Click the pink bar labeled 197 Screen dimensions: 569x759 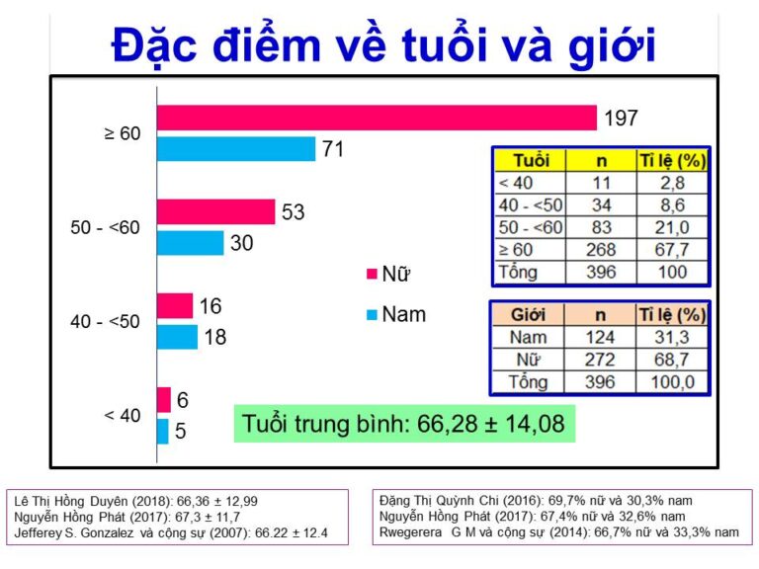[x=377, y=118]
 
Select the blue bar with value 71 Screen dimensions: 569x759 [x=236, y=149]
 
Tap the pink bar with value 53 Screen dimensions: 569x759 [x=215, y=211]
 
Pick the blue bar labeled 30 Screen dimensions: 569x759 [x=190, y=243]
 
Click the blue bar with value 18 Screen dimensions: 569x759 [x=177, y=337]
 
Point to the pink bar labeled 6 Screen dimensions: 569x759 [x=164, y=399]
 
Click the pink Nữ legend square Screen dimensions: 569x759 [x=371, y=274]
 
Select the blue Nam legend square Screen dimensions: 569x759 [x=371, y=314]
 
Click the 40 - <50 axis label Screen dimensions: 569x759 [x=106, y=321]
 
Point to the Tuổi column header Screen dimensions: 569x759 [x=531, y=160]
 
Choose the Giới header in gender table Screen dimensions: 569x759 [x=528, y=315]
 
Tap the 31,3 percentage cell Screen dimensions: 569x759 [x=672, y=338]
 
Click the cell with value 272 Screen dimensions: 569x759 [x=601, y=360]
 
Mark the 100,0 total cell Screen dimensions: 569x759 [x=672, y=381]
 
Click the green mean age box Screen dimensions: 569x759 [x=404, y=424]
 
